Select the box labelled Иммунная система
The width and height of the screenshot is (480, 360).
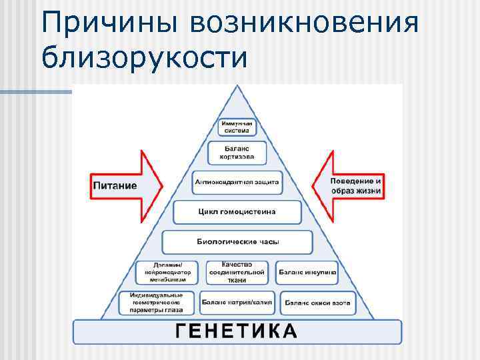tap(237, 127)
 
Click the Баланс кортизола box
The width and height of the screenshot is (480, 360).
tap(237, 153)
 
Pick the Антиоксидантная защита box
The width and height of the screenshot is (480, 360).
tap(237, 181)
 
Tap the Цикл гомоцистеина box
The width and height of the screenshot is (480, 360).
tap(237, 211)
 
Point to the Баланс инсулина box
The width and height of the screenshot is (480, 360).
tap(307, 272)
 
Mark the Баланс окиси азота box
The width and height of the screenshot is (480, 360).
tap(317, 303)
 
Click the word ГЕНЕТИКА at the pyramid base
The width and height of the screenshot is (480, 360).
tap(237, 331)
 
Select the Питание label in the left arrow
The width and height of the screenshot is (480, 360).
tap(115, 185)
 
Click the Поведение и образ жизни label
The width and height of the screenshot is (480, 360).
tap(356, 185)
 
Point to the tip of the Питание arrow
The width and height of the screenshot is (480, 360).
tap(162, 185)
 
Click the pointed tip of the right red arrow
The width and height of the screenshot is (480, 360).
tap(312, 185)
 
